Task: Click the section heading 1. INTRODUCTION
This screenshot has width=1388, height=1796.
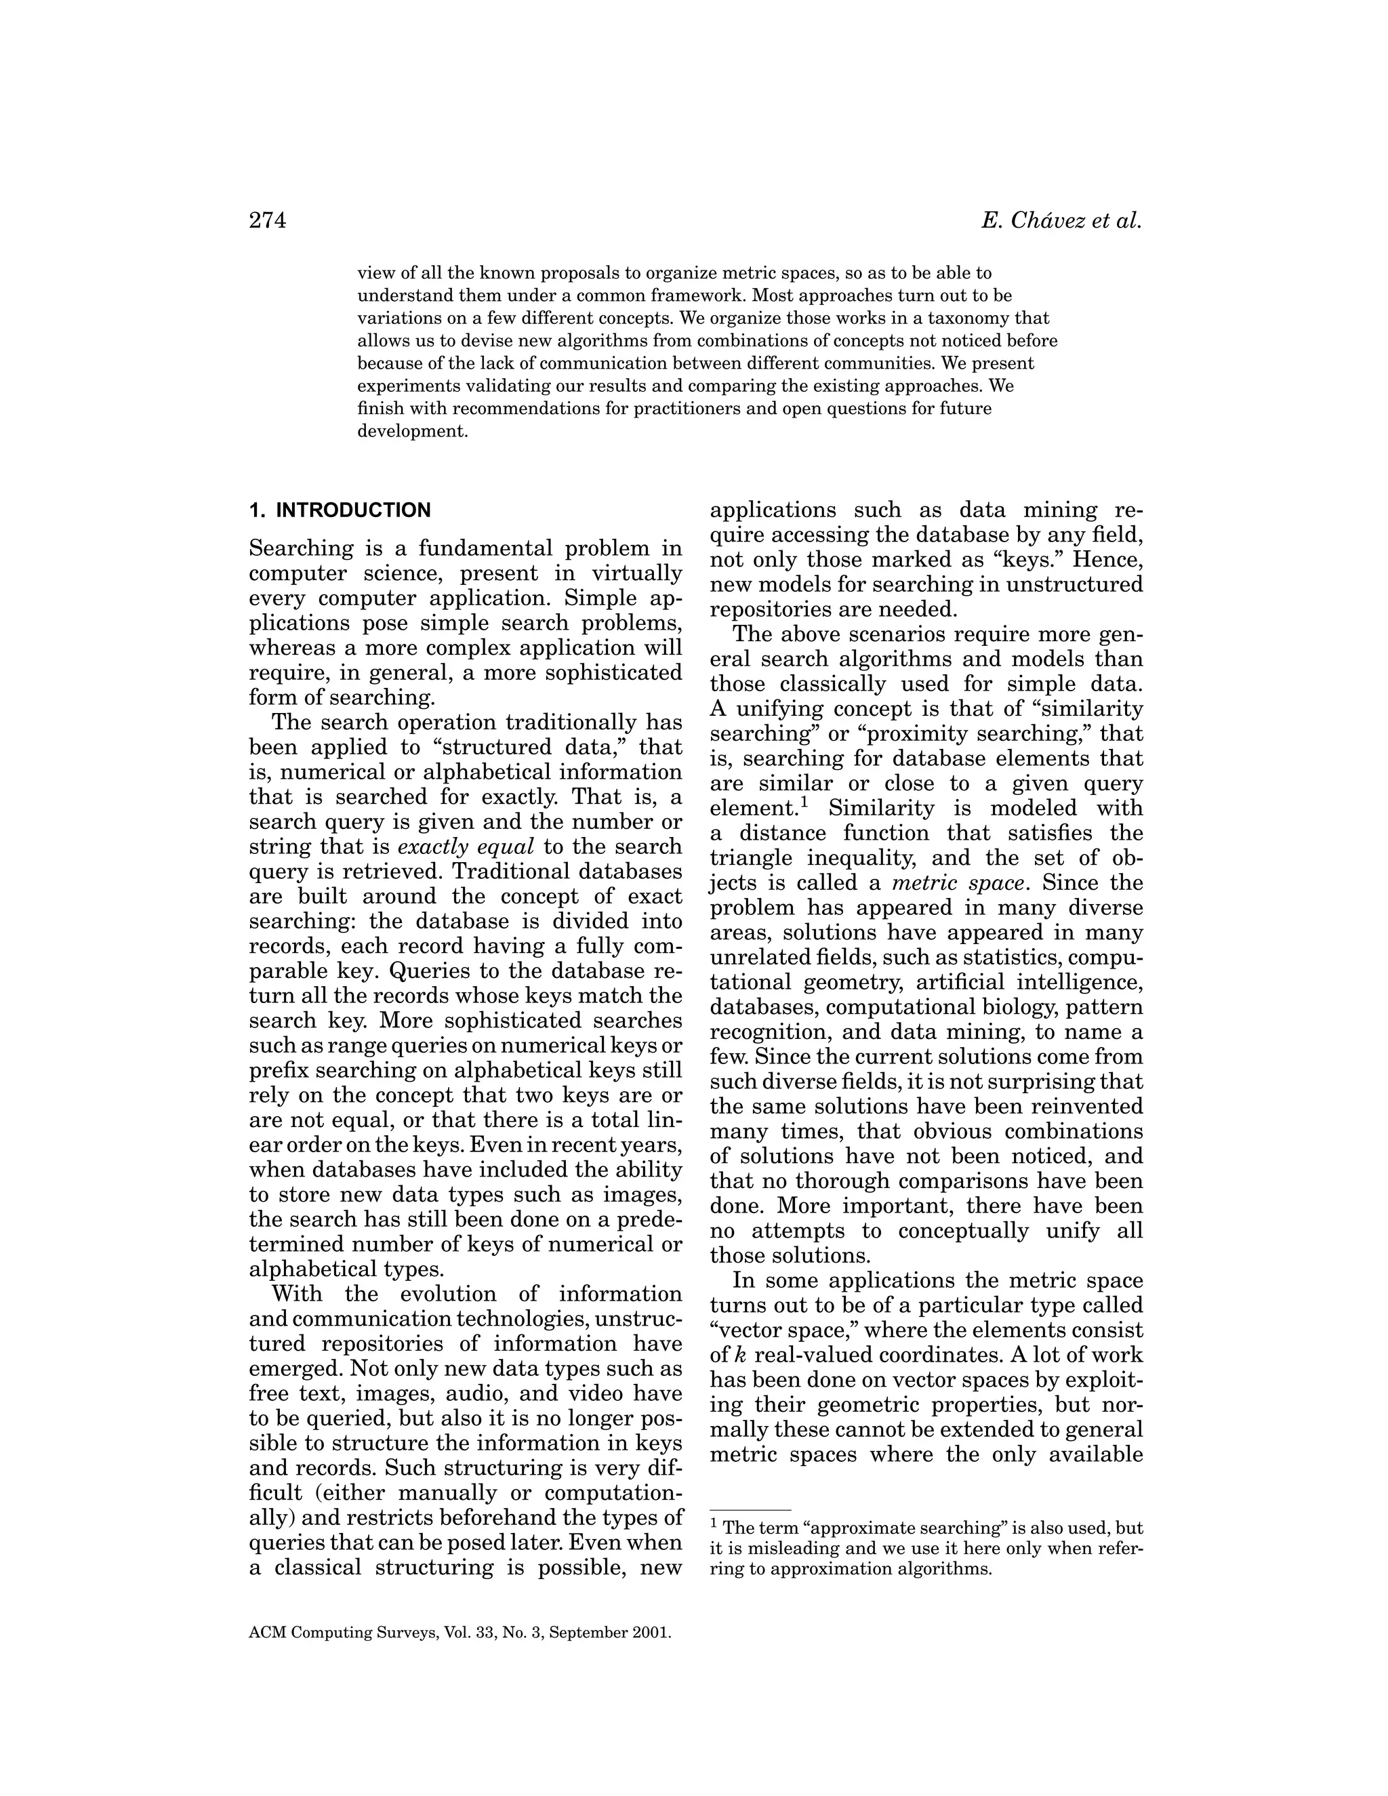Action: click(340, 511)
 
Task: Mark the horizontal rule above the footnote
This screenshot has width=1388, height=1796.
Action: click(750, 1510)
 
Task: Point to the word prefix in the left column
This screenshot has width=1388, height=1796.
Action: click(278, 1071)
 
